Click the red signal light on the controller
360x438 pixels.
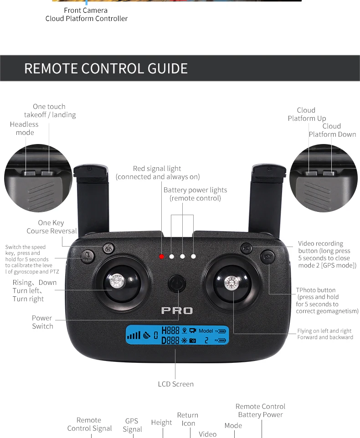click(x=161, y=257)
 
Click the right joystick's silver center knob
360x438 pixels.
click(x=231, y=283)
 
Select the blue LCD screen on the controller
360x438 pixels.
click(x=177, y=336)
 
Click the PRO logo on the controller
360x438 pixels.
click(x=177, y=311)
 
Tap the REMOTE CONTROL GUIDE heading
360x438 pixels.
click(x=106, y=68)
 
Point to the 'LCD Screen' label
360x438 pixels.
click(x=176, y=384)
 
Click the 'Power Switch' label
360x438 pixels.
click(x=42, y=322)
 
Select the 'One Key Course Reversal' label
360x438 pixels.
click(x=51, y=227)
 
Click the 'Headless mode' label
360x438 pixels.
click(x=25, y=129)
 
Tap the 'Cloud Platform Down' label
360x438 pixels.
click(x=332, y=130)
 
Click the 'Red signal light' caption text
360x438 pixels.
click(x=157, y=173)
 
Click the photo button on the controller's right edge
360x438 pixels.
click(x=267, y=257)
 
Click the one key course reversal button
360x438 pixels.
click(x=108, y=249)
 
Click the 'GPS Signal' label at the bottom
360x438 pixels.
click(x=132, y=425)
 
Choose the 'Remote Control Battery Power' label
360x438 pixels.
click(x=260, y=411)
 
